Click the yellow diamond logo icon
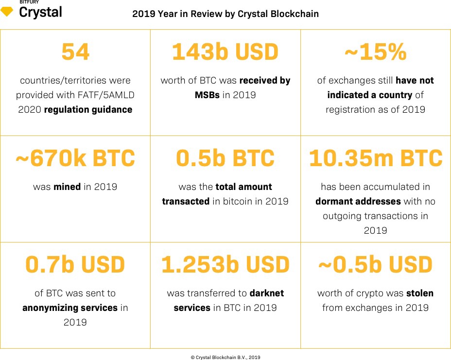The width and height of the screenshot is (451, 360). point(7,12)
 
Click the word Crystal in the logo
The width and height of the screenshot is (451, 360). point(40,12)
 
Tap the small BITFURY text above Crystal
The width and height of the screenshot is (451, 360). point(29,2)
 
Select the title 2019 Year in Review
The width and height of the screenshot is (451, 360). point(225,14)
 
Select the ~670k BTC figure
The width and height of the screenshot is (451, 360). point(75,158)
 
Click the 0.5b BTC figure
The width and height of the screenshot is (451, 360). point(225,158)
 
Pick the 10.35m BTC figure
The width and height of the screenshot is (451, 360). point(375,158)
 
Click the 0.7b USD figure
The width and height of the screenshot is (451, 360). point(75,265)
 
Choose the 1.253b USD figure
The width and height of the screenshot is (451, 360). point(225,265)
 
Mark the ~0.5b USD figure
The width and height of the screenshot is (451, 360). point(375,265)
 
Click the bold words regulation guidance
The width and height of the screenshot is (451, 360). point(88,110)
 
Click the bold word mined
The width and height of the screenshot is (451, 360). point(67,187)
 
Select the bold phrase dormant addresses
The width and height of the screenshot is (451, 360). point(358,201)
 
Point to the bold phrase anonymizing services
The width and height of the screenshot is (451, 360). point(70,308)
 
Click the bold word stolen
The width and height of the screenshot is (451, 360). point(420,293)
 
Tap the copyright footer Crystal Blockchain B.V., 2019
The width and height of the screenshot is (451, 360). point(225,357)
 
